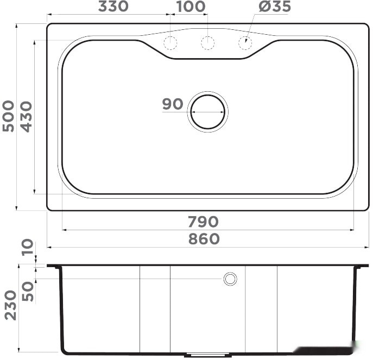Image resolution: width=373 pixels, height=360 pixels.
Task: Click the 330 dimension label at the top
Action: coord(113,7)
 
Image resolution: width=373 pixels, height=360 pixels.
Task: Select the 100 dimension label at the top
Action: coord(191,7)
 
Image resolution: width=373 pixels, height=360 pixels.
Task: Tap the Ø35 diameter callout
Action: coord(274,7)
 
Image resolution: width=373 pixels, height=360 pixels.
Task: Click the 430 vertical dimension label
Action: coord(26,116)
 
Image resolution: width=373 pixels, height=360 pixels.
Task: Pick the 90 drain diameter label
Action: coord(173,104)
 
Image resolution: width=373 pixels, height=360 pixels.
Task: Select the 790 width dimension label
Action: coord(203,222)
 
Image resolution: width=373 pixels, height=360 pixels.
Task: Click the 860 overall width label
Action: coord(204,239)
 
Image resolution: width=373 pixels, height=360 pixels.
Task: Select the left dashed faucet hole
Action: coord(170,42)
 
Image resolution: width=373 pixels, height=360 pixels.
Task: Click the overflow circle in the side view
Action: coord(230,279)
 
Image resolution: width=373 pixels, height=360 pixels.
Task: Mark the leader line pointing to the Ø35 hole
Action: coord(252,28)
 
